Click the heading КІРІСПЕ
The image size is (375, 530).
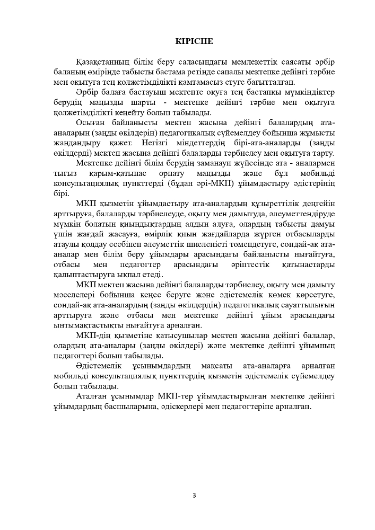(x=195, y=41)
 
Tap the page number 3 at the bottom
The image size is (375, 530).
(x=194, y=496)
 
